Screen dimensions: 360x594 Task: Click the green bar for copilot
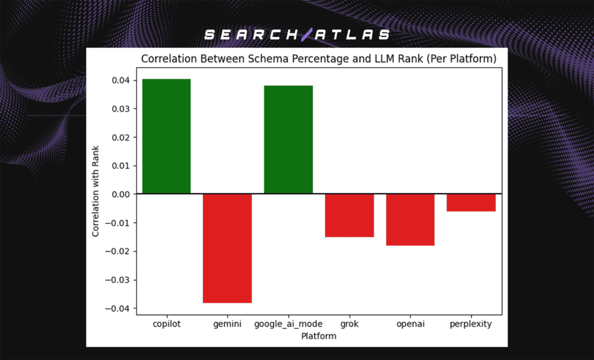[166, 136]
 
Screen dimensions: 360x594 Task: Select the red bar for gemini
[227, 248]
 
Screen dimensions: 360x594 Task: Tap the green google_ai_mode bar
[288, 140]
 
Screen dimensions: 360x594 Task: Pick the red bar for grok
[349, 215]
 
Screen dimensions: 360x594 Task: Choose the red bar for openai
[410, 220]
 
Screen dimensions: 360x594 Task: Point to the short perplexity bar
[471, 202]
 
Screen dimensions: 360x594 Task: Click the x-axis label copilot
[166, 324]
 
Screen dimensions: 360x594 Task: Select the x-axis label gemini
[227, 324]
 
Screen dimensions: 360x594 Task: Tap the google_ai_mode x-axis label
[288, 324]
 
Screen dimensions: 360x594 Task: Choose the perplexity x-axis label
[470, 324]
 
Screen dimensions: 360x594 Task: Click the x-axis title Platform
[319, 336]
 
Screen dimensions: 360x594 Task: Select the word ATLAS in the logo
[352, 35]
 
